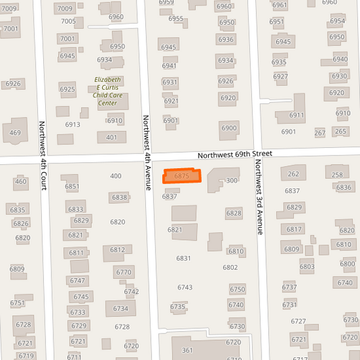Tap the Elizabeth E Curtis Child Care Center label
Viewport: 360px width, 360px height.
pos(108,92)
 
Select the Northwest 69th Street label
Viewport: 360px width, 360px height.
pos(235,155)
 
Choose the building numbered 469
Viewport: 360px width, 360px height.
pos(16,132)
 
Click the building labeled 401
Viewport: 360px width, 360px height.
pos(111,137)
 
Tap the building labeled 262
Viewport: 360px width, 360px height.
pos(293,174)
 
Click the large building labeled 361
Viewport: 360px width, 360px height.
pos(196,350)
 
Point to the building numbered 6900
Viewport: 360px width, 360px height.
pos(229,128)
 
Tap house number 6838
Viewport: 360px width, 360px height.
pos(120,197)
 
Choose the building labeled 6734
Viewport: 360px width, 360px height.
pos(120,309)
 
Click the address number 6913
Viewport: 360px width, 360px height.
pos(72,124)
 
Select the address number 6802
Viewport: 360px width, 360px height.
pos(230,267)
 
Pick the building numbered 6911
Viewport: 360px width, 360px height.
pos(297,115)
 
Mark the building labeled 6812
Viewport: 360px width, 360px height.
pos(117,250)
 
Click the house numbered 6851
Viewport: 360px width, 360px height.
pos(72,186)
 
